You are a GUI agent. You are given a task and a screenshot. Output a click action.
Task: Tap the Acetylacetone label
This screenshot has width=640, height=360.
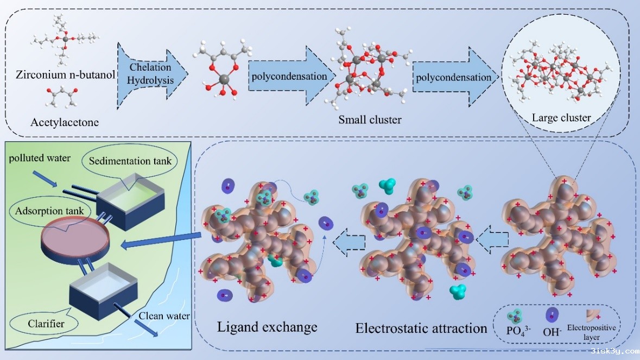(x=61, y=123)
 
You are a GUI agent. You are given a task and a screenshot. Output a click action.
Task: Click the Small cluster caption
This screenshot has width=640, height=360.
(x=370, y=119)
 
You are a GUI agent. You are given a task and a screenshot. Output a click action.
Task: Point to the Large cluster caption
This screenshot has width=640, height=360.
(x=561, y=117)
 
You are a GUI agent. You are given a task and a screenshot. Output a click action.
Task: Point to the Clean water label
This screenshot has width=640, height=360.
(x=163, y=315)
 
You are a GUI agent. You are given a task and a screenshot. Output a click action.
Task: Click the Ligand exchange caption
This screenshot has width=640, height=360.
(x=267, y=327)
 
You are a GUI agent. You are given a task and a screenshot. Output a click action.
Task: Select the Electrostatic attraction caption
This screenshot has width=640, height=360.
(x=421, y=328)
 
